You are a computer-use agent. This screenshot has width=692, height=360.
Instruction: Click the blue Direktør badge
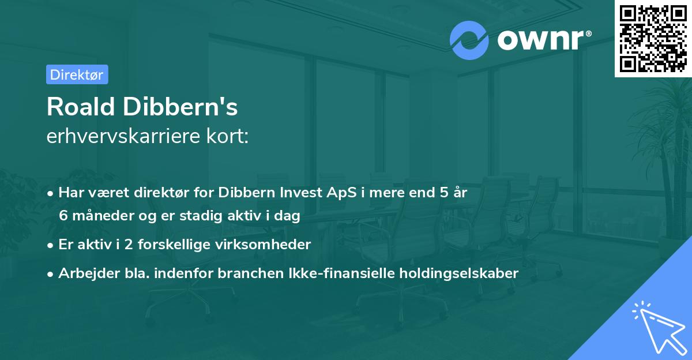pyautogui.click(x=77, y=74)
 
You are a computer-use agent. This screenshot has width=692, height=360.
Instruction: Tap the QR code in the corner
pyautogui.click(x=653, y=38)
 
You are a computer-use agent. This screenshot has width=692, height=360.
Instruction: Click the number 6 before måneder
pyautogui.click(x=63, y=216)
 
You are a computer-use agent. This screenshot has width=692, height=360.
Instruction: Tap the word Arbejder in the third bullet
pyautogui.click(x=86, y=273)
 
